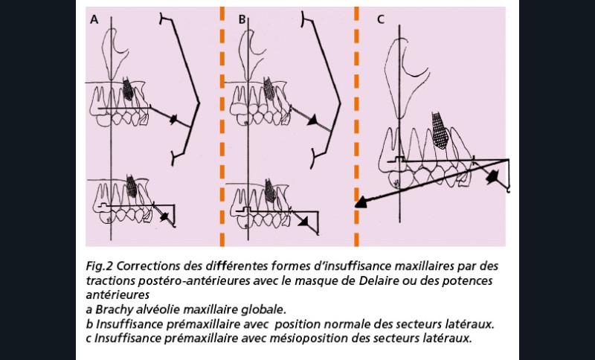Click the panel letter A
[x=94, y=19]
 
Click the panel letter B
[x=242, y=19]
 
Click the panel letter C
[x=381, y=19]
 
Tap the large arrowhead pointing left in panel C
[x=361, y=203]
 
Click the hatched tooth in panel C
[x=440, y=130]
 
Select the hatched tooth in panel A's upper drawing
[x=128, y=90]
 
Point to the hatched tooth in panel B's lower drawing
[x=270, y=191]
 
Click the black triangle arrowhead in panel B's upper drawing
[x=313, y=120]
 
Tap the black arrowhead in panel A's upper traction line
[x=173, y=119]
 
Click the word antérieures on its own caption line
[x=118, y=295]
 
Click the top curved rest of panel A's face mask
[x=164, y=19]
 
